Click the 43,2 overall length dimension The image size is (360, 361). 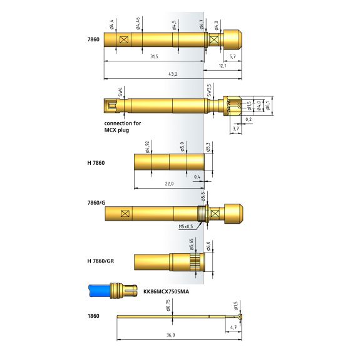tap(173, 74)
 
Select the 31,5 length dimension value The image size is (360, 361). tap(154, 56)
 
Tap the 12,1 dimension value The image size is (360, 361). tap(222, 66)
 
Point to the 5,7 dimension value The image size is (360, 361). tap(232, 56)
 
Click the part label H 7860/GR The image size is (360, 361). tap(101, 261)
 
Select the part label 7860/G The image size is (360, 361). tap(96, 203)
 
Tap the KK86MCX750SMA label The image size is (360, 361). tap(166, 291)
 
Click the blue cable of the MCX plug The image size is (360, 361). tap(100, 291)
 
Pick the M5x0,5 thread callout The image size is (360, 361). tap(186, 227)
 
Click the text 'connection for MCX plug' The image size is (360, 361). tap(123, 127)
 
